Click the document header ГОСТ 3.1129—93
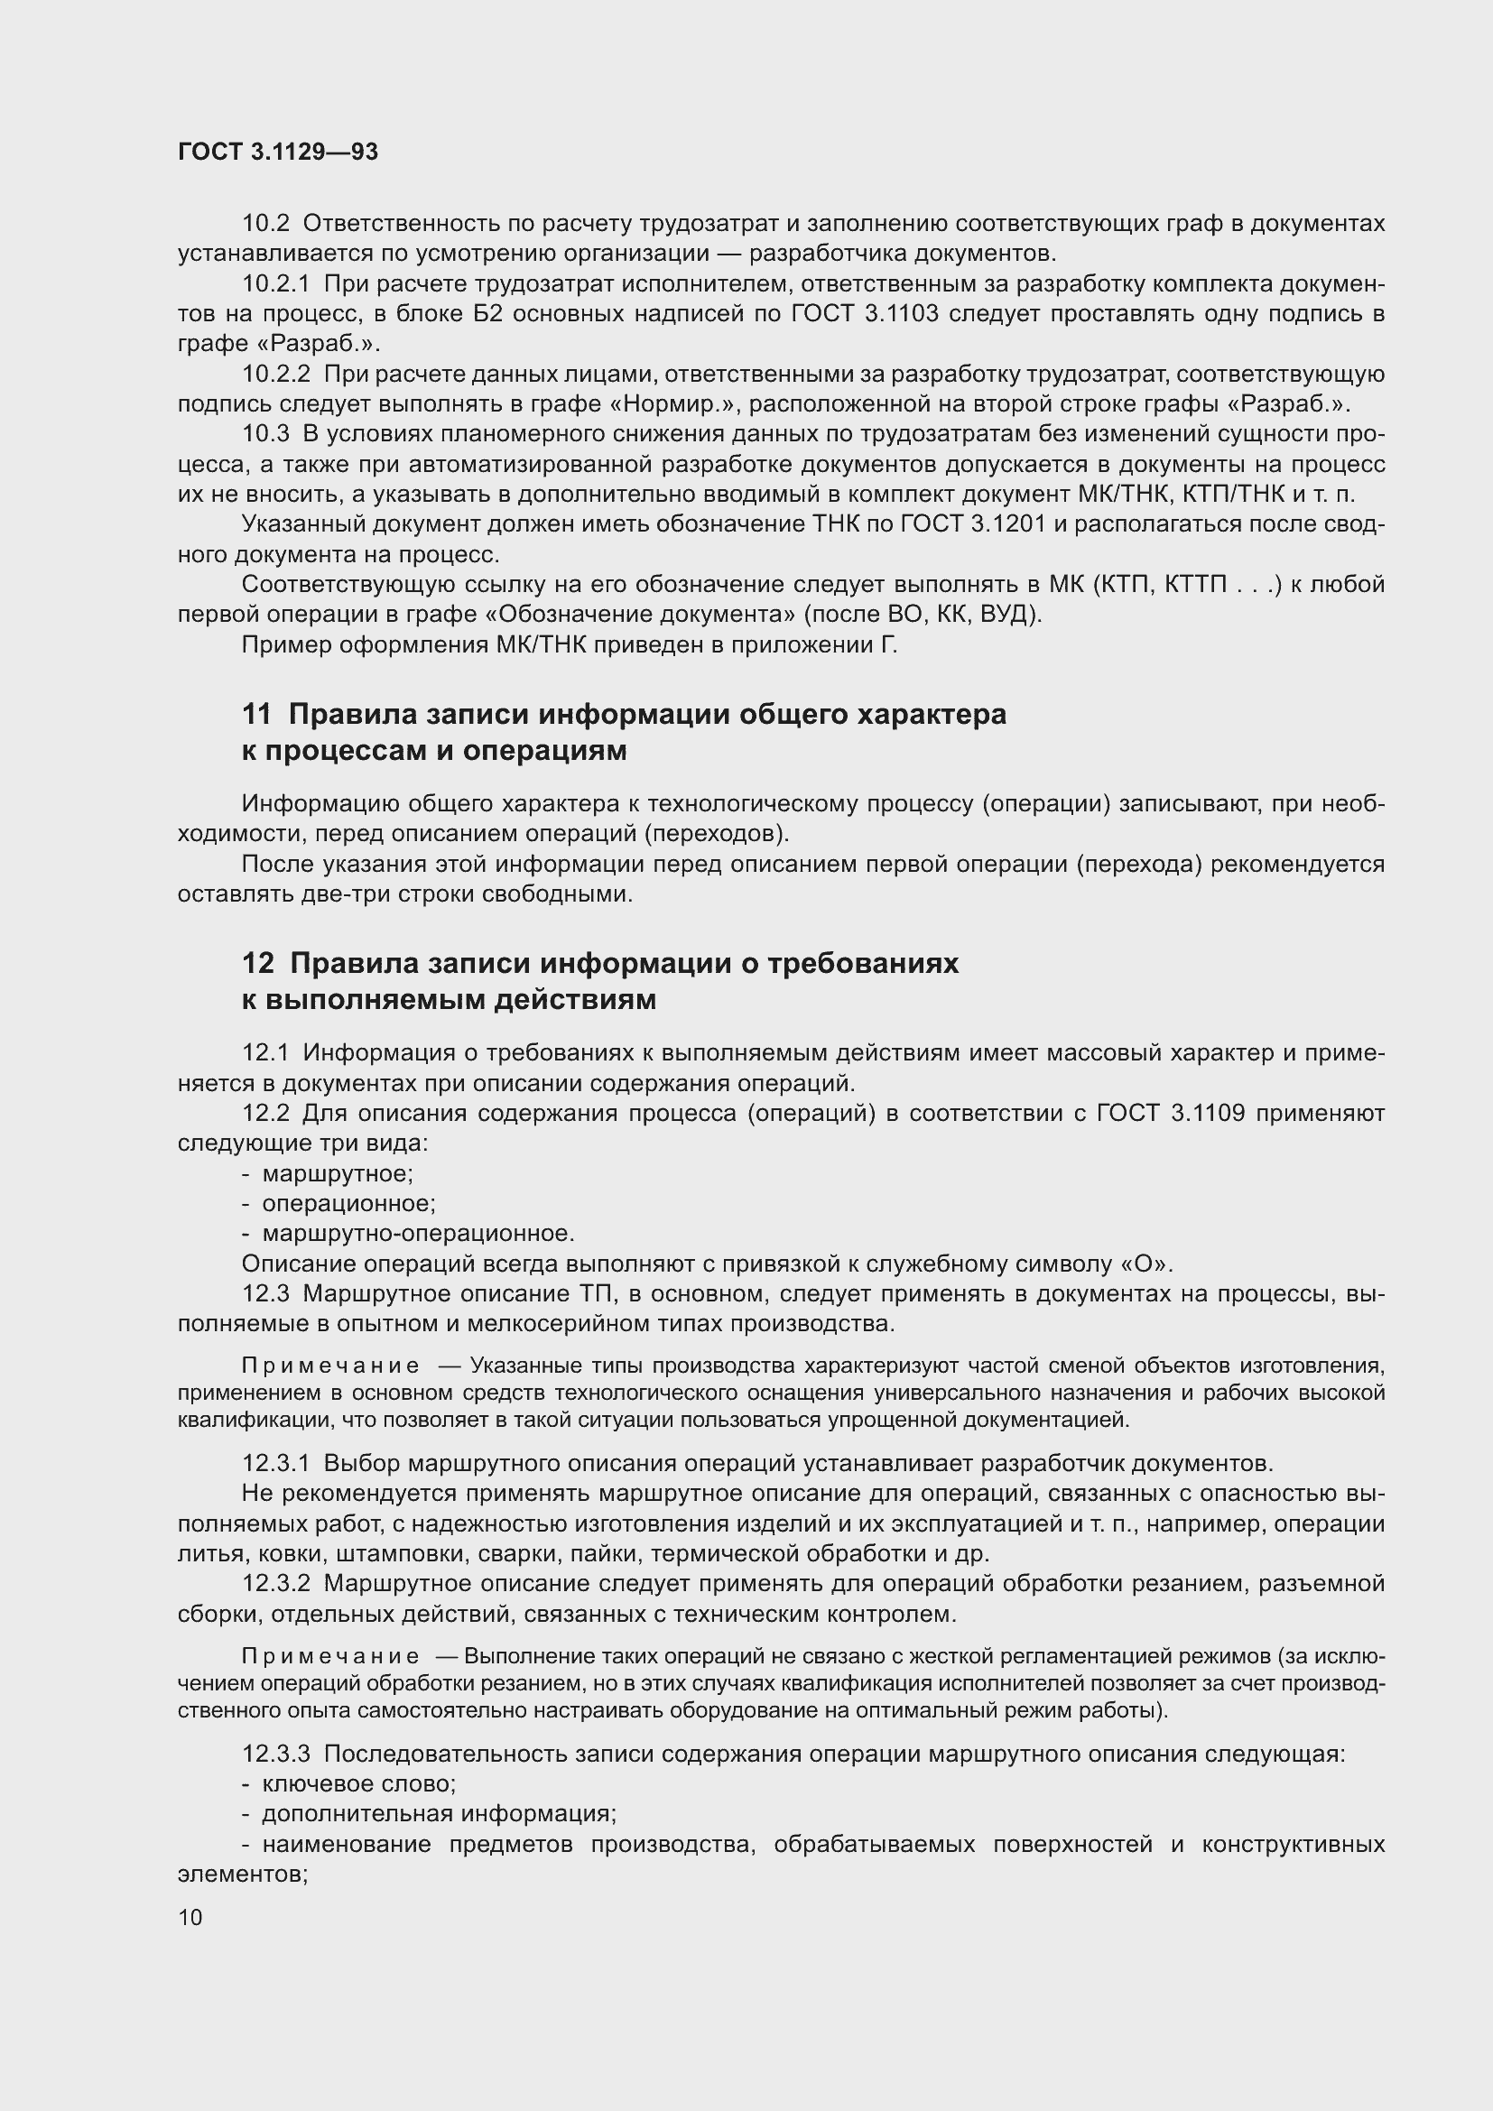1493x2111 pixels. click(x=278, y=152)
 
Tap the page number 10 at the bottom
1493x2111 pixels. click(x=190, y=1917)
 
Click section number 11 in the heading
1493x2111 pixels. click(x=256, y=715)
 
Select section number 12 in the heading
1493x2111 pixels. click(x=257, y=963)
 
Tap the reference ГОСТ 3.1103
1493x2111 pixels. click(x=865, y=313)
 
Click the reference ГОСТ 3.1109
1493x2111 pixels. click(x=1172, y=1114)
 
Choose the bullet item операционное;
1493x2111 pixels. click(x=348, y=1204)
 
